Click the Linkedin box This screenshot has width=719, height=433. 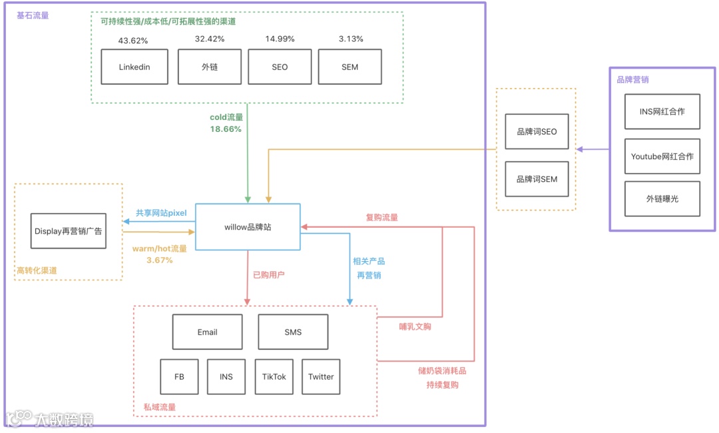pyautogui.click(x=134, y=67)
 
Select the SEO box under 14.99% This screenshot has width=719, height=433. pyautogui.click(x=280, y=67)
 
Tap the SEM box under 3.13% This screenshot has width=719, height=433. pyautogui.click(x=350, y=67)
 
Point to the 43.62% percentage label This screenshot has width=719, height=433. pyautogui.click(x=133, y=41)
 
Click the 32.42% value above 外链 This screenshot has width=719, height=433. pyautogui.click(x=210, y=39)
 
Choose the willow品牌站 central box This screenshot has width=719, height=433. pyautogui.click(x=248, y=227)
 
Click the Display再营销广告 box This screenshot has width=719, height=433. pyautogui.click(x=69, y=231)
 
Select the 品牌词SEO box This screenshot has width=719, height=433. pyautogui.click(x=537, y=132)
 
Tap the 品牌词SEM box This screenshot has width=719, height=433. pyautogui.click(x=537, y=179)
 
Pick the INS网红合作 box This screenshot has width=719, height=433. pyautogui.click(x=662, y=112)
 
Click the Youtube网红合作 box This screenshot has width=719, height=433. pyautogui.click(x=662, y=157)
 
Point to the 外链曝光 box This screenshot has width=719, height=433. pyautogui.click(x=662, y=199)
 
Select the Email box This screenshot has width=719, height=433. pyautogui.click(x=207, y=332)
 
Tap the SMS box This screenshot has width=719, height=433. pyautogui.click(x=293, y=332)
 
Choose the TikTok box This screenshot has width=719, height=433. pyautogui.click(x=274, y=376)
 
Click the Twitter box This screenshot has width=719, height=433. pyautogui.click(x=321, y=376)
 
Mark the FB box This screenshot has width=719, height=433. pyautogui.click(x=179, y=376)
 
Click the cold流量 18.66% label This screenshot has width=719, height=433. pyautogui.click(x=226, y=123)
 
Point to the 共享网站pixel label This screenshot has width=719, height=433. pyautogui.click(x=161, y=213)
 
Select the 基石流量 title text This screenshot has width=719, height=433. pyautogui.click(x=33, y=15)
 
